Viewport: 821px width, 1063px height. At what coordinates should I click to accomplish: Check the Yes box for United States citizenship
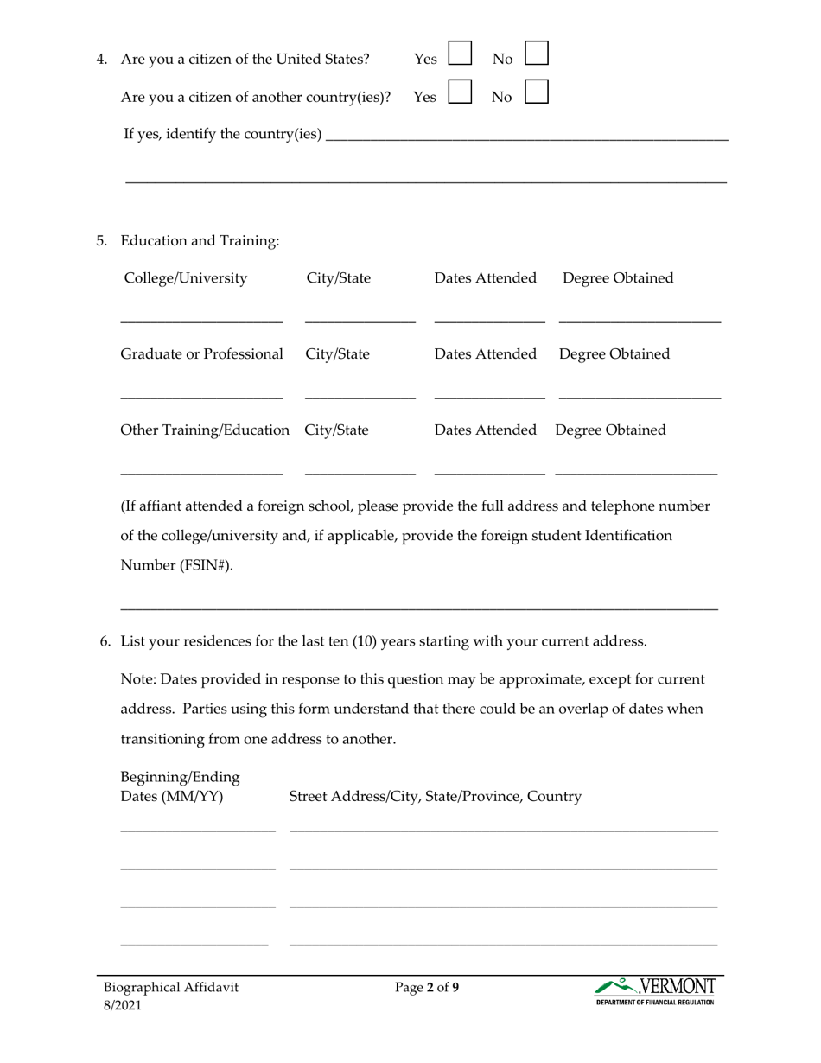[460, 54]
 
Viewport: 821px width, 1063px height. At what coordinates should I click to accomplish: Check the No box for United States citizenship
[537, 54]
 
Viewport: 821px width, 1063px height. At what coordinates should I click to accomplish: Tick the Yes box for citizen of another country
[460, 92]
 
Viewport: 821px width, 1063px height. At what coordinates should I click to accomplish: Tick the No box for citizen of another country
[537, 92]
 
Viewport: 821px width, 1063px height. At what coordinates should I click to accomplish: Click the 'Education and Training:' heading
[200, 241]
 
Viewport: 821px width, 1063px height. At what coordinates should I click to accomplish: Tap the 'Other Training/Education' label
[205, 430]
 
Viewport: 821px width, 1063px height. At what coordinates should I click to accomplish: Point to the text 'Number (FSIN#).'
[176, 566]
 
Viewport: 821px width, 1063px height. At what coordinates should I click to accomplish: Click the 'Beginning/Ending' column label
[180, 777]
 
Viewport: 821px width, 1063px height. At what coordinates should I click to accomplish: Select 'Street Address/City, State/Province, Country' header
[435, 796]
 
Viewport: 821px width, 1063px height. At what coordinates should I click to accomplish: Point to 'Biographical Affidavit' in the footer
[170, 987]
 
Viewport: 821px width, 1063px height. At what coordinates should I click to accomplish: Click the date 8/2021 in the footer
[123, 1005]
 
